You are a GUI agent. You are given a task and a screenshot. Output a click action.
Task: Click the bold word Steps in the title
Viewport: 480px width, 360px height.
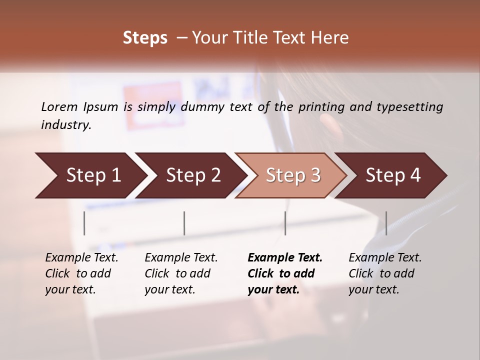pyautogui.click(x=145, y=37)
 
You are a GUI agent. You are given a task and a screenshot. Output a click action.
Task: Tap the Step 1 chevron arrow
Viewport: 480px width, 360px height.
pyautogui.click(x=90, y=175)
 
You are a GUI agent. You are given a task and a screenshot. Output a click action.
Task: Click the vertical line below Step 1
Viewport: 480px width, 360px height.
pyautogui.click(x=84, y=223)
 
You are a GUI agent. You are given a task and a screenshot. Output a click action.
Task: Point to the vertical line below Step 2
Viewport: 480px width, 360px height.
pyautogui.click(x=184, y=223)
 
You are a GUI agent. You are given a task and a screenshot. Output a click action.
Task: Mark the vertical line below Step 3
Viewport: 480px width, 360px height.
pyautogui.click(x=285, y=223)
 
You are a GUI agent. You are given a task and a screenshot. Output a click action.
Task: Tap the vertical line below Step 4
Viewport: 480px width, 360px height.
pyautogui.click(x=386, y=223)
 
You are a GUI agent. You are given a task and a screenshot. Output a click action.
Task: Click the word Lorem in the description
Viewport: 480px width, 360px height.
pyautogui.click(x=59, y=106)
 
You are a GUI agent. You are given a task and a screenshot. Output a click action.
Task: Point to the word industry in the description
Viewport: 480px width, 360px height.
pyautogui.click(x=66, y=125)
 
